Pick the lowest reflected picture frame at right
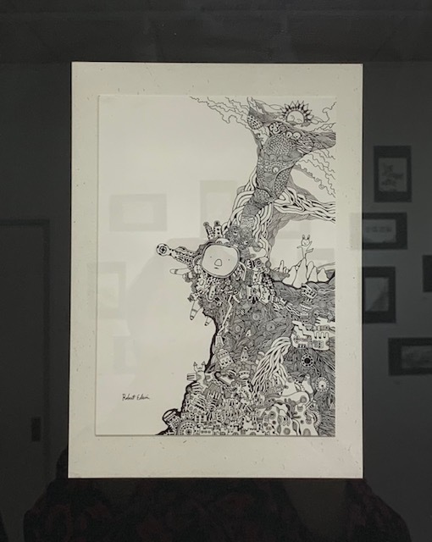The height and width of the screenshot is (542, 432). pyautogui.click(x=410, y=356)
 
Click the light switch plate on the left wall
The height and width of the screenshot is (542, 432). pyautogui.click(x=36, y=429)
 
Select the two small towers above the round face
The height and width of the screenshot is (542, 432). pyautogui.click(x=215, y=230)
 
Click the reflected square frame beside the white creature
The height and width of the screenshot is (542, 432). pyautogui.click(x=379, y=293)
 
